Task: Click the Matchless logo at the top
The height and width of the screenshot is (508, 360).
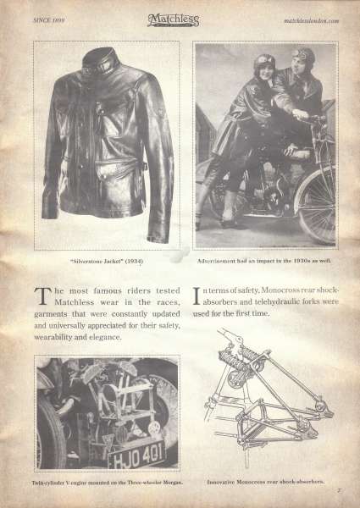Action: click(x=173, y=20)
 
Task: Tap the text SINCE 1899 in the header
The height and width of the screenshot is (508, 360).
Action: click(x=49, y=20)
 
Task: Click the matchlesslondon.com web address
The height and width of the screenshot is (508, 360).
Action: click(x=312, y=20)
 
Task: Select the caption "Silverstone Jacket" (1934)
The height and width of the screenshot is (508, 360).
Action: click(x=107, y=261)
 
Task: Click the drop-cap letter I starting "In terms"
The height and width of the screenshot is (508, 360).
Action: click(x=197, y=295)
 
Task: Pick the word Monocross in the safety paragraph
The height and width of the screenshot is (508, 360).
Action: click(x=280, y=290)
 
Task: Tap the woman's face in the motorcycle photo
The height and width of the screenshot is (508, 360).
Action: click(x=264, y=69)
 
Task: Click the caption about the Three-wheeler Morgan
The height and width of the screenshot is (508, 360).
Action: click(x=108, y=483)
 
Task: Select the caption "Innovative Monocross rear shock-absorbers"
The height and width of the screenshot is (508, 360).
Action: click(x=266, y=482)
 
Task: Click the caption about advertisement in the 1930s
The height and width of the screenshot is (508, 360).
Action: click(x=264, y=261)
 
